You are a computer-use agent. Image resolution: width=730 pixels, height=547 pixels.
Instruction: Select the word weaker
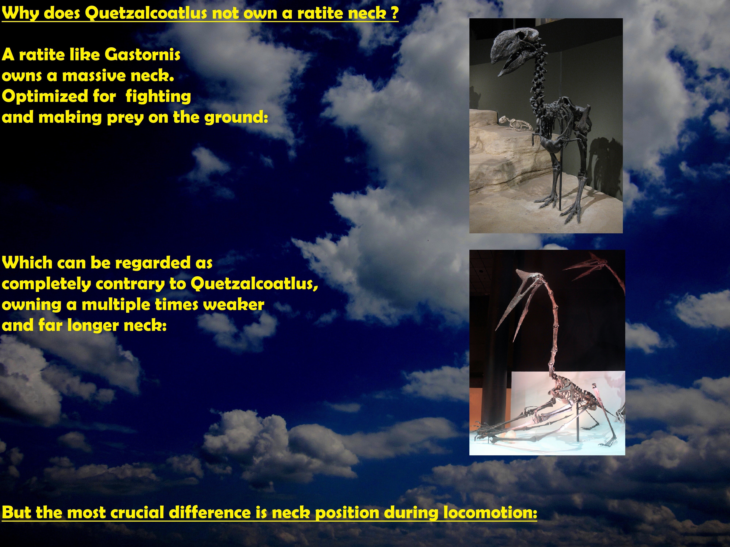[234, 305]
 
